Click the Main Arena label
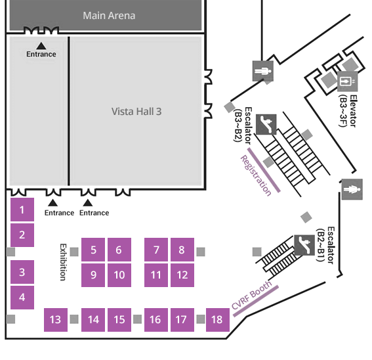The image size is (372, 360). [109, 16]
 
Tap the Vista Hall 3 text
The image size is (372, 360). [136, 112]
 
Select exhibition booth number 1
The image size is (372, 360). [22, 210]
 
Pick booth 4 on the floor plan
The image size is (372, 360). [22, 298]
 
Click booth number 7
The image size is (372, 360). [156, 250]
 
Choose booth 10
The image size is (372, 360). [119, 275]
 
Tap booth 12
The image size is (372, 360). [182, 275]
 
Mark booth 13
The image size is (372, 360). [56, 320]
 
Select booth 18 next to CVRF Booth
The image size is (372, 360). [218, 320]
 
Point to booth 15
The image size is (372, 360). [119, 320]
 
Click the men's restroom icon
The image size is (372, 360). [263, 71]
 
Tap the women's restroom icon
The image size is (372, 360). [352, 189]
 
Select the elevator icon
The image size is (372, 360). [347, 81]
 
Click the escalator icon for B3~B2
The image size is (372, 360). [266, 124]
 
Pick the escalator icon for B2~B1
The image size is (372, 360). [304, 245]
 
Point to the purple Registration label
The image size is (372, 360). [256, 175]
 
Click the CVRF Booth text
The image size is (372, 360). [251, 295]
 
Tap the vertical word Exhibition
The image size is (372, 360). [63, 262]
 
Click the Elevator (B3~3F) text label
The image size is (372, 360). [348, 111]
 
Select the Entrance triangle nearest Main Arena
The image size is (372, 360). [41, 45]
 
